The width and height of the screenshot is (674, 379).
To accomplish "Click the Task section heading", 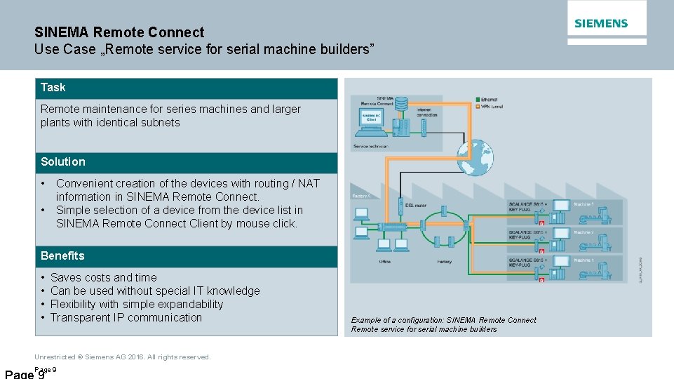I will coord(53,88).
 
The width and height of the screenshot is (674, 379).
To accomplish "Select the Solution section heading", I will coord(63,162).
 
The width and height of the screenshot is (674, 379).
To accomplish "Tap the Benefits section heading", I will coord(62,256).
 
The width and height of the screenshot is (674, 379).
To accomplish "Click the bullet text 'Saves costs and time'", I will coord(104,278).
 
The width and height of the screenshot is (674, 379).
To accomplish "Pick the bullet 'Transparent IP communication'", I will coord(126,318).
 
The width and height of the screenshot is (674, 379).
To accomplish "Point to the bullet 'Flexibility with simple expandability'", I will coord(137,305).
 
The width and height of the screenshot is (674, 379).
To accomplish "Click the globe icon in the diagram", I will coord(476,155).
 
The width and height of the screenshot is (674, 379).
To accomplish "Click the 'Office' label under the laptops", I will coord(384,262).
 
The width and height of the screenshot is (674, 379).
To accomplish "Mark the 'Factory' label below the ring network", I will coord(445,262).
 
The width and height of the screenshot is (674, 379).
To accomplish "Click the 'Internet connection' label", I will coord(427,112).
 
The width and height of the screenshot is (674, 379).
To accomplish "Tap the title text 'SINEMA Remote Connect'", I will coord(119,32).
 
